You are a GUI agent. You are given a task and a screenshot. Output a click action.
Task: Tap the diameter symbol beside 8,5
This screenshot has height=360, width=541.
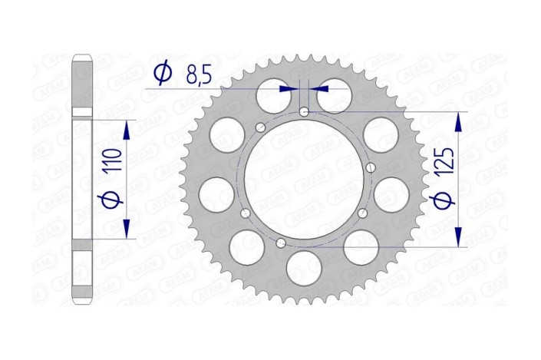(162, 74)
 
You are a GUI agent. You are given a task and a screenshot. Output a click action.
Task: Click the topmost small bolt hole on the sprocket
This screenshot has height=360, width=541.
(305, 112)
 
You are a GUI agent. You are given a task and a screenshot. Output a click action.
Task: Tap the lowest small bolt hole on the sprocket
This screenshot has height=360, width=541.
(281, 243)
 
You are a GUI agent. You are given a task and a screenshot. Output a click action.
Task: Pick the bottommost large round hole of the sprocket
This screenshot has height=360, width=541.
(305, 268)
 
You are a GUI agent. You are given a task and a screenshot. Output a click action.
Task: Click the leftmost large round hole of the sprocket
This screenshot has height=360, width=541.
(217, 193)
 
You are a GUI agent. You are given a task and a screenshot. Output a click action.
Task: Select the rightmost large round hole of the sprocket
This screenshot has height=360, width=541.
(391, 193)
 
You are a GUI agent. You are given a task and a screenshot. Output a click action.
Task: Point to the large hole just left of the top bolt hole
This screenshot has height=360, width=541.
(272, 96)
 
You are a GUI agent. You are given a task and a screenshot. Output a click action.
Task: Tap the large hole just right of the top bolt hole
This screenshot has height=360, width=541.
(336, 96)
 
